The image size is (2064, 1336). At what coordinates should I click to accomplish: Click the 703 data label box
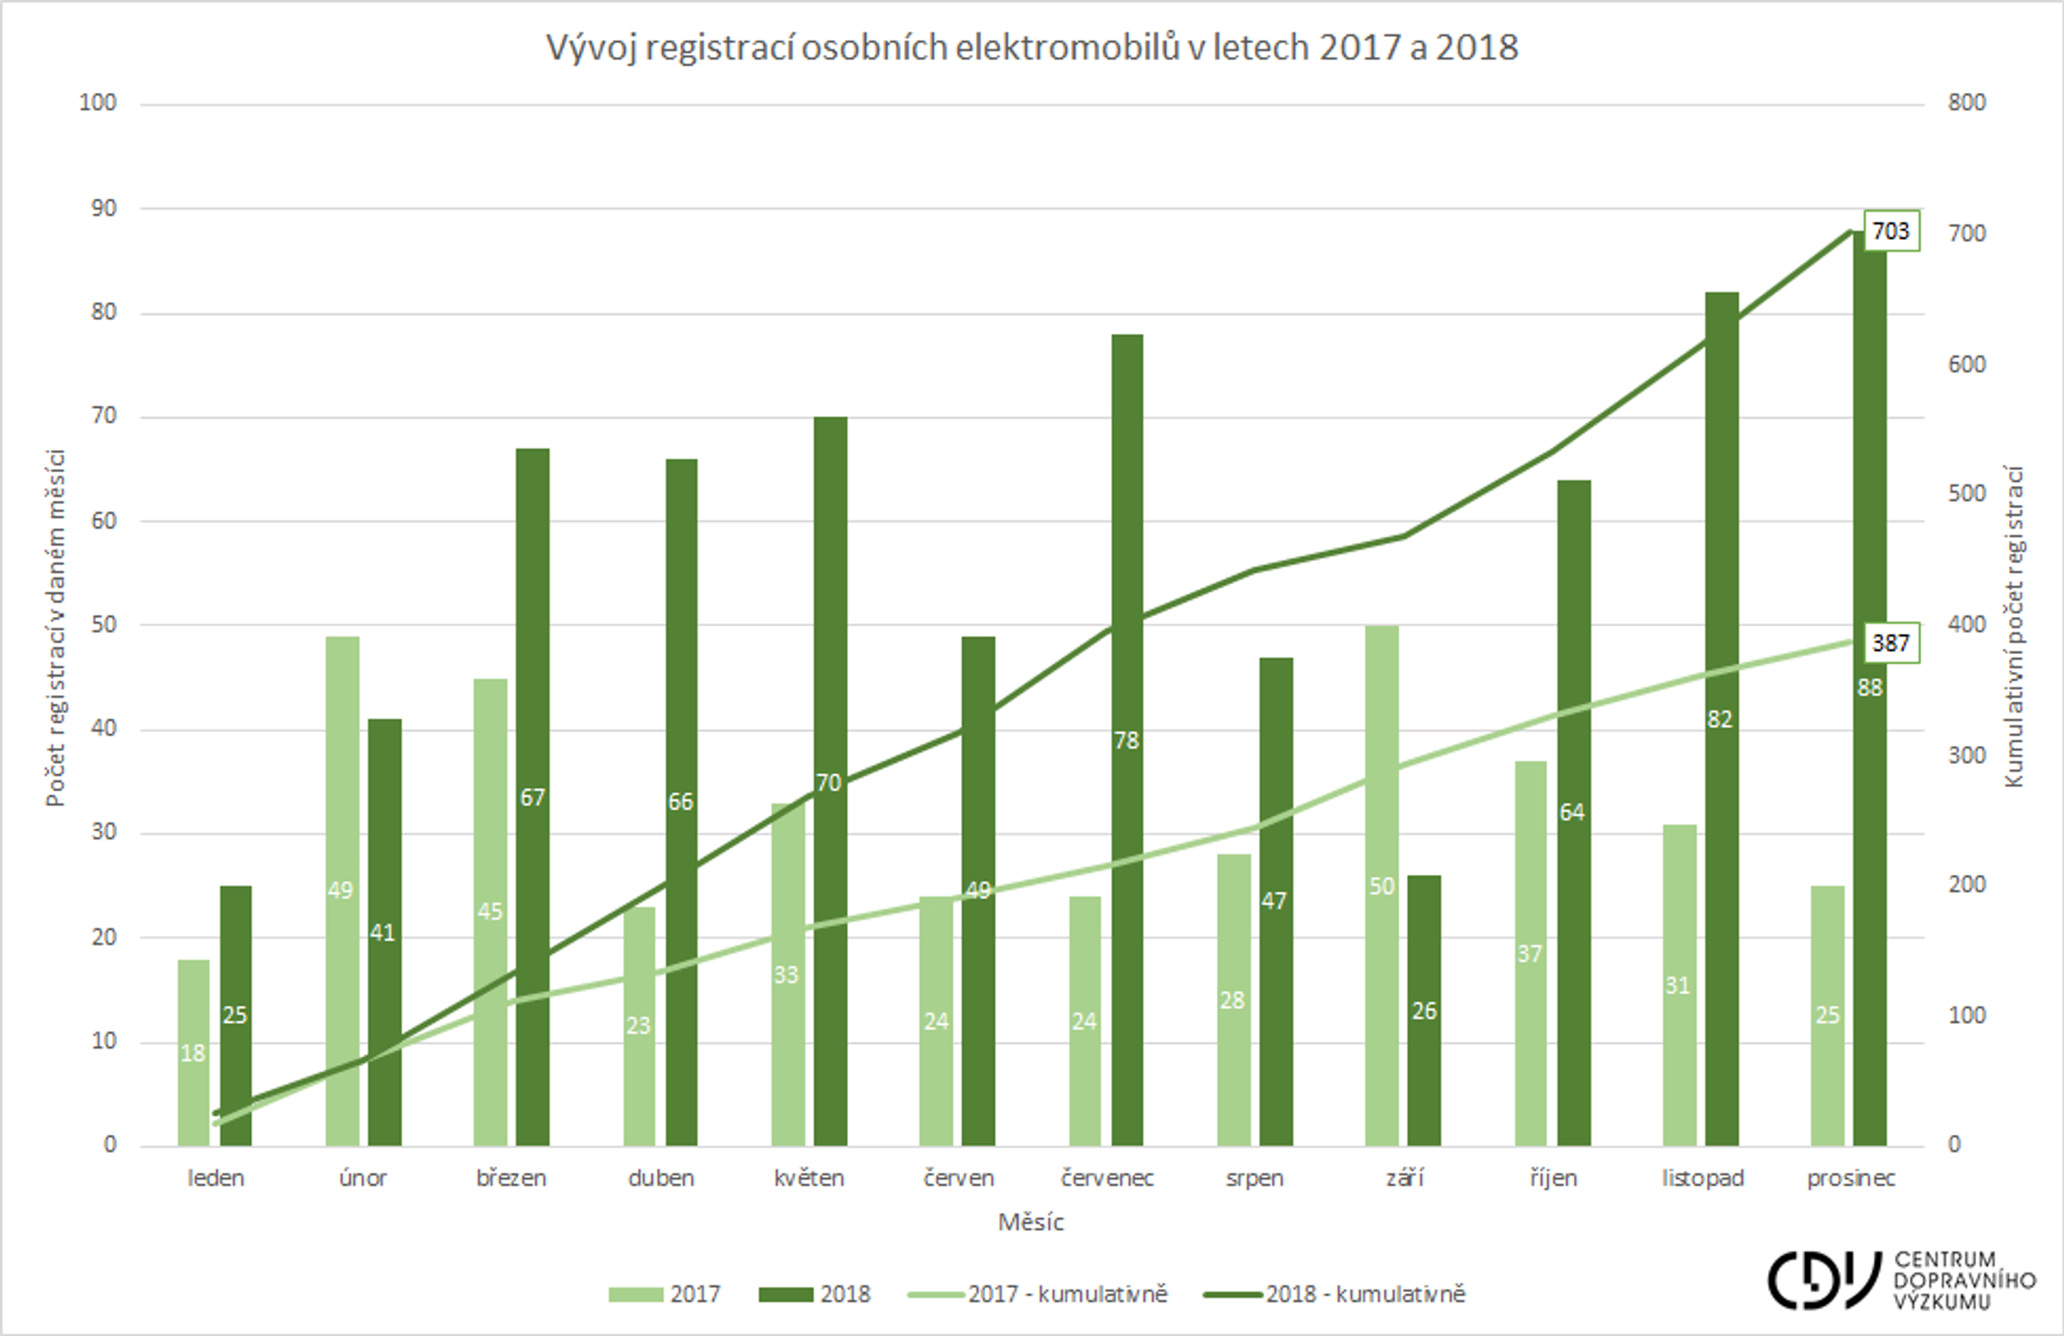tap(1891, 231)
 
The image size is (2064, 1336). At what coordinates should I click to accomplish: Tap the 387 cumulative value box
tap(1891, 643)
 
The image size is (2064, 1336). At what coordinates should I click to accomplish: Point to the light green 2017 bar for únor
tap(341, 781)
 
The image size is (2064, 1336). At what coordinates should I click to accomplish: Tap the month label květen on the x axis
tap(808, 1178)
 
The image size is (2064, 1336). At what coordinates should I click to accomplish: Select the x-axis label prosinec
tap(1851, 1178)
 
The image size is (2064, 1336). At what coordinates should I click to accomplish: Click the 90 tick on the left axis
tap(103, 208)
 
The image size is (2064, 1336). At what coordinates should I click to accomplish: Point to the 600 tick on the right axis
tap(1966, 365)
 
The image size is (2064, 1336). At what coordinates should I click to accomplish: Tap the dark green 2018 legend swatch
tap(785, 1295)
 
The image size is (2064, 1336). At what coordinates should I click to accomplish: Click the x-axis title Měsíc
tap(1030, 1222)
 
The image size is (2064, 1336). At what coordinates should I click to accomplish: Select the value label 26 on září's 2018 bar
tap(1424, 1011)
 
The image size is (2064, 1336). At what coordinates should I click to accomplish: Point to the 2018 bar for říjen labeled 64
tap(1573, 694)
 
